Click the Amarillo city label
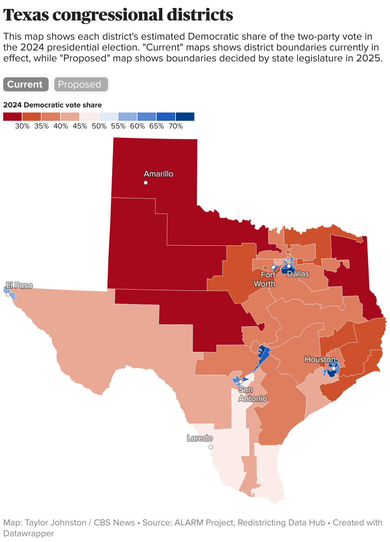[159, 174]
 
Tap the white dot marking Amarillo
[146, 183]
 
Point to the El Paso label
[19, 285]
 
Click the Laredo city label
[200, 438]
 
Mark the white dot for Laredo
[211, 447]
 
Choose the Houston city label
[320, 360]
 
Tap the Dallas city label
[298, 274]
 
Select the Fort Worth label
[265, 279]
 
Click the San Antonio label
[253, 394]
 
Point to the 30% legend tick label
[22, 126]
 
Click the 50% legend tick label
[99, 126]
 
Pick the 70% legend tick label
[176, 126]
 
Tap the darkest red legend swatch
[12, 117]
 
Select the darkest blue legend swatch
[185, 117]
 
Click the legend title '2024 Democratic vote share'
[52, 105]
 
